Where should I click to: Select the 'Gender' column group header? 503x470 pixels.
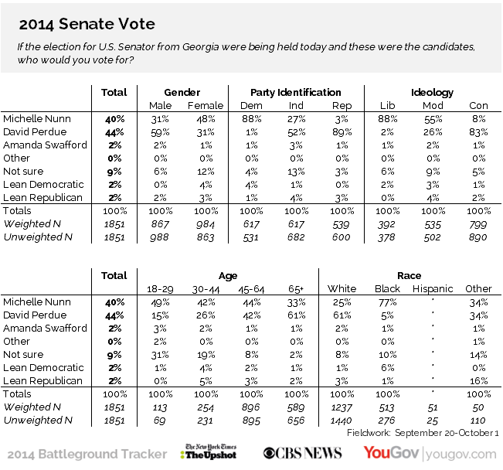pos(182,93)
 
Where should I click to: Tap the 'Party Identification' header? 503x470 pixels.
pos(296,93)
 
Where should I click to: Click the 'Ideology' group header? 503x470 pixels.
pos(432,93)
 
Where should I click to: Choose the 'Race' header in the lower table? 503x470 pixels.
pos(410,276)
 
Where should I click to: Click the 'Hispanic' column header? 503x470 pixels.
pos(432,289)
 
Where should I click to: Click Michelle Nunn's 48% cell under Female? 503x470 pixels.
pos(205,119)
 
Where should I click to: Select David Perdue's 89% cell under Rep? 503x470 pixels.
pos(341,132)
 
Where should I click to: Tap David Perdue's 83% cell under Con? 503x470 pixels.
pos(478,132)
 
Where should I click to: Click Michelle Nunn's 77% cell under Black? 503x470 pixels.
pos(387,302)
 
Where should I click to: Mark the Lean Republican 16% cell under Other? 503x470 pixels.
pos(478,380)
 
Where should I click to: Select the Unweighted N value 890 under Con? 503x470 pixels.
pos(478,237)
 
